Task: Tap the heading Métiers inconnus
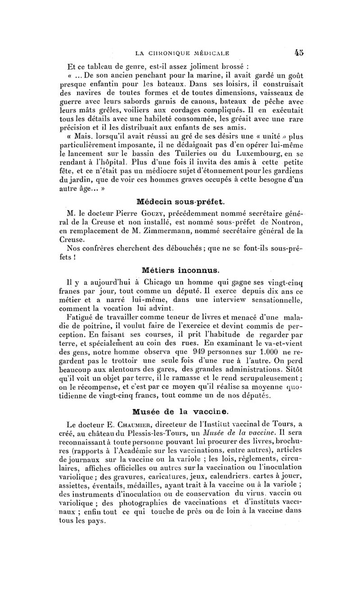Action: click(x=180, y=270)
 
